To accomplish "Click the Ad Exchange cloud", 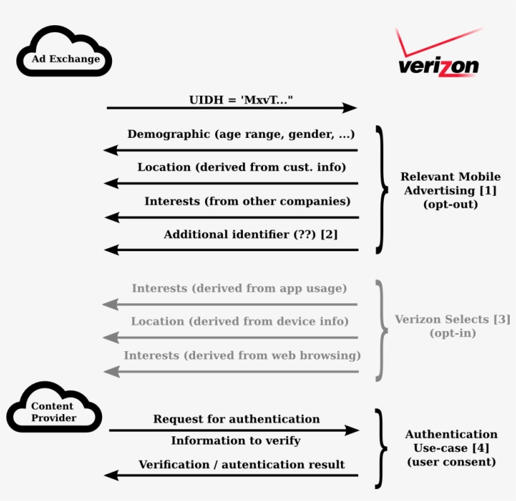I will pyautogui.click(x=65, y=59).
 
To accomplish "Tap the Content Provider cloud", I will pyautogui.click(x=53, y=412).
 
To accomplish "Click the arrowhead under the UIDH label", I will pyautogui.click(x=349, y=108).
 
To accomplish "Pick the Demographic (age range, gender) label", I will pyautogui.click(x=241, y=134).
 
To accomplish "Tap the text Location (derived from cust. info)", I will pyautogui.click(x=242, y=167).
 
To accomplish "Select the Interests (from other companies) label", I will pyautogui.click(x=247, y=201).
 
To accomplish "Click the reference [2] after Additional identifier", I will pyautogui.click(x=329, y=235).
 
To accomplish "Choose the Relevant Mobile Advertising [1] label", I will pyautogui.click(x=451, y=190).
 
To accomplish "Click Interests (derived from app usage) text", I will pyautogui.click(x=239, y=288).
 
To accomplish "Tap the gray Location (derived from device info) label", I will pyautogui.click(x=240, y=322).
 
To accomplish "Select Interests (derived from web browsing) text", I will pyautogui.click(x=242, y=355).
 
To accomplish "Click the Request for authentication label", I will pyautogui.click(x=237, y=419).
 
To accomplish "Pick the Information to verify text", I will pyautogui.click(x=236, y=441).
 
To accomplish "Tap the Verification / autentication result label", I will pyautogui.click(x=242, y=465).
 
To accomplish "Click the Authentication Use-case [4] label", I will pyautogui.click(x=451, y=448).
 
